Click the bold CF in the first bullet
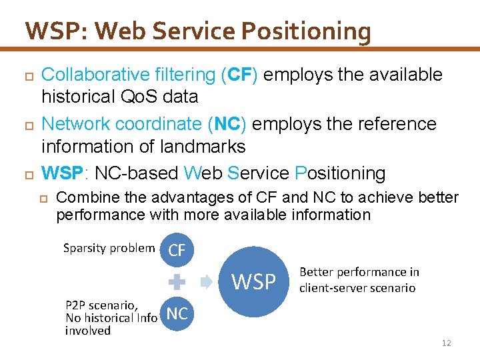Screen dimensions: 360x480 239,75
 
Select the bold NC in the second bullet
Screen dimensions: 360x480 227,124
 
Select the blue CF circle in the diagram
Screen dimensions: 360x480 177,251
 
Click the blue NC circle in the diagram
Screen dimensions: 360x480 177,313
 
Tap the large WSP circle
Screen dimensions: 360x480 254,282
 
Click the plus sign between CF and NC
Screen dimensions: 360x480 177,282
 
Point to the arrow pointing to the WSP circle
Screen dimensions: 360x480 207,282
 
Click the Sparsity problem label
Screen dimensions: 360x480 109,248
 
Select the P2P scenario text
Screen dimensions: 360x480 102,305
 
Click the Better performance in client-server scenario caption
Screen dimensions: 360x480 359,280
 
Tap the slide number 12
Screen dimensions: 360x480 446,343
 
